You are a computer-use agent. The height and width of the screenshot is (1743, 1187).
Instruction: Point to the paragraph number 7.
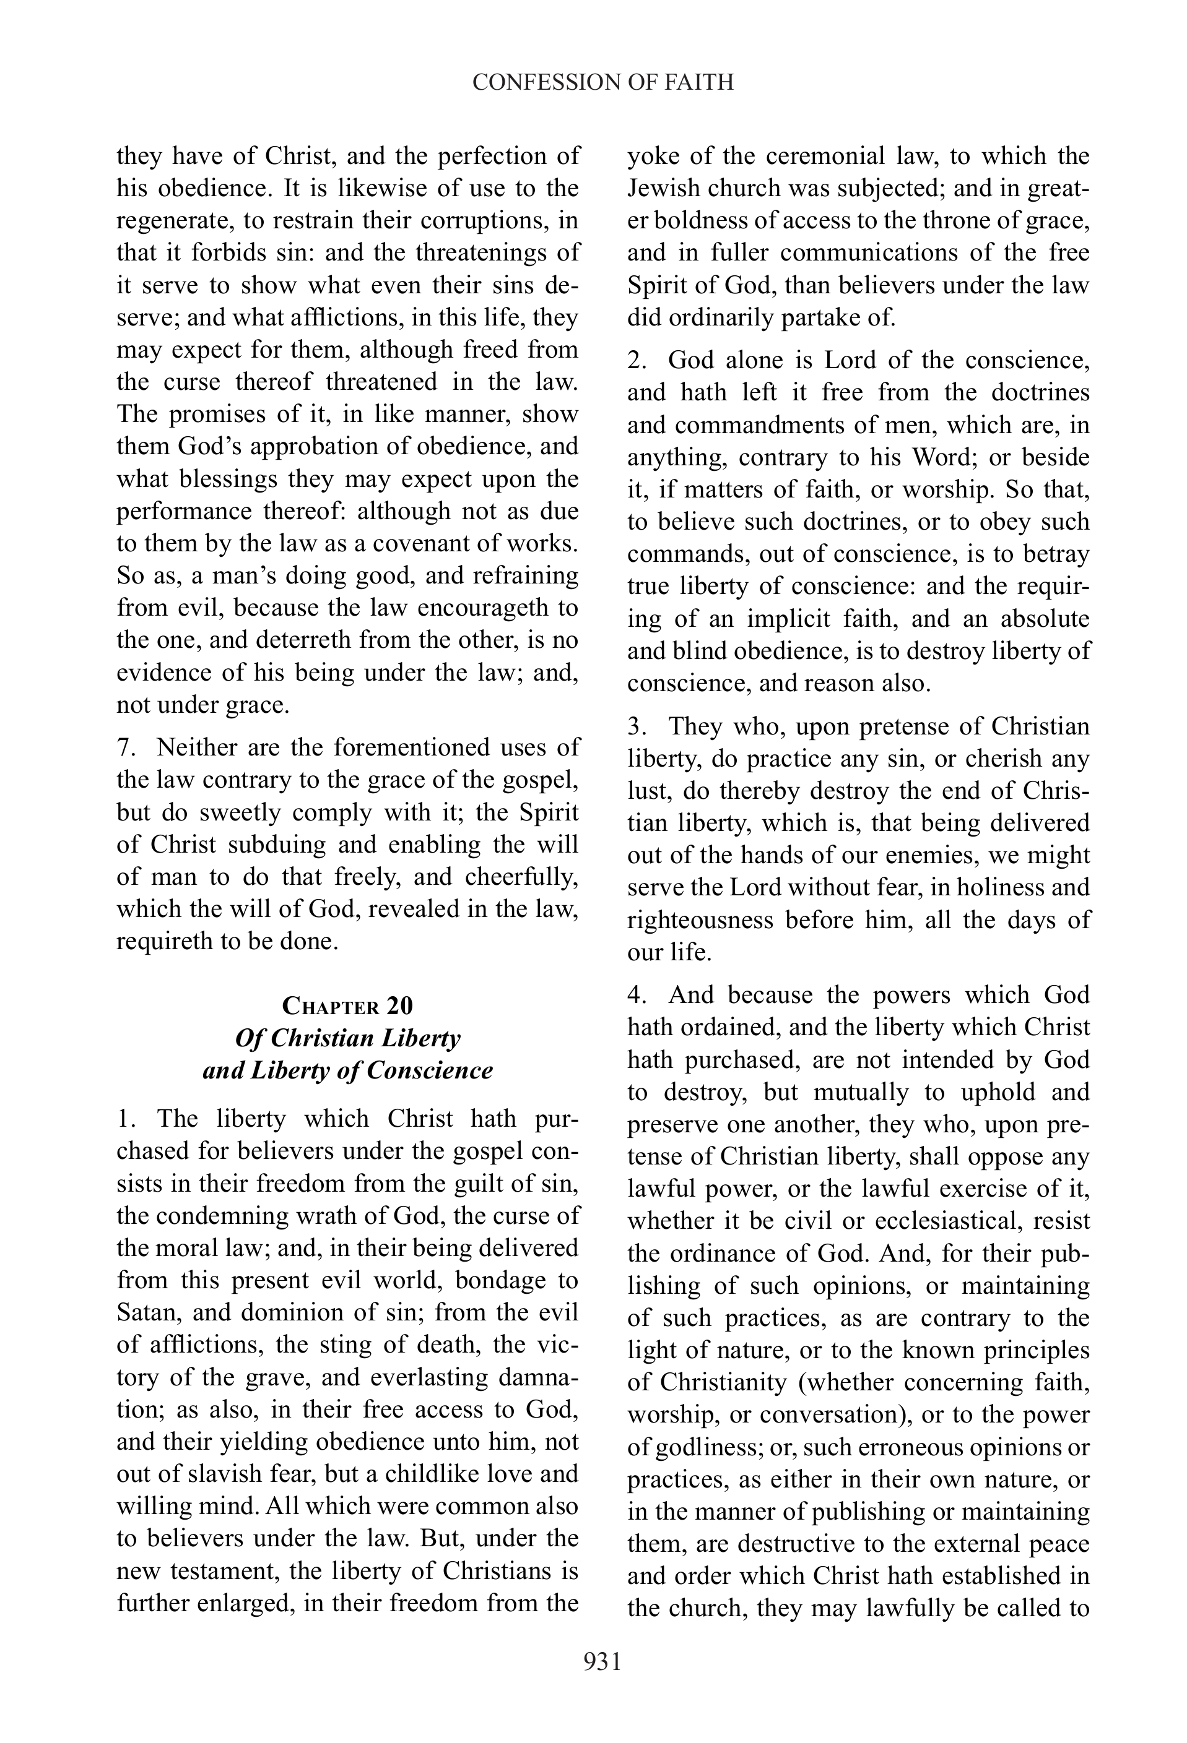click(124, 747)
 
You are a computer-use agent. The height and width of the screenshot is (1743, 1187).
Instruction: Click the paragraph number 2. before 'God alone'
click(637, 360)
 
